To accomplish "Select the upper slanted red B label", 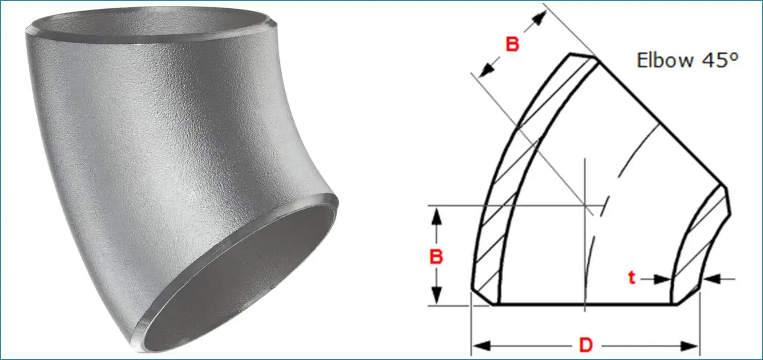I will [x=512, y=45].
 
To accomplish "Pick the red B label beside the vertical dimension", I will [x=436, y=257].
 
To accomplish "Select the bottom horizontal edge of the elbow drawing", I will [x=586, y=304].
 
